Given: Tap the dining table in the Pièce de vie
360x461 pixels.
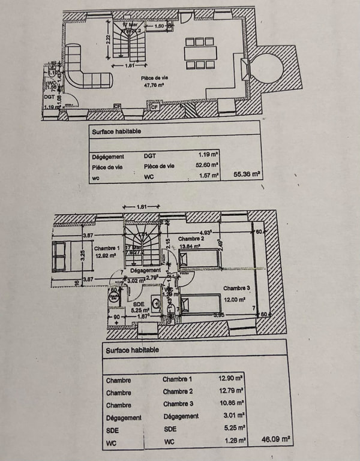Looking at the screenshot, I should click(200, 52).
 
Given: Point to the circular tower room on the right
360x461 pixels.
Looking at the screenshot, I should click(268, 67).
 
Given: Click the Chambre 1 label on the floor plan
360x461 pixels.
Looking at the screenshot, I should click(107, 248).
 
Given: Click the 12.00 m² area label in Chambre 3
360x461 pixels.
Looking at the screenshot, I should click(236, 300).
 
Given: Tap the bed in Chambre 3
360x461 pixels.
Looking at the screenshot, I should click(201, 305).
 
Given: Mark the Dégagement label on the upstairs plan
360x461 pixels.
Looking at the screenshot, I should click(144, 270).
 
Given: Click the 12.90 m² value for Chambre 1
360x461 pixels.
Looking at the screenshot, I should click(230, 379).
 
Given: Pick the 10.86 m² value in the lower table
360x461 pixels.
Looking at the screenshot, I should click(230, 404).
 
